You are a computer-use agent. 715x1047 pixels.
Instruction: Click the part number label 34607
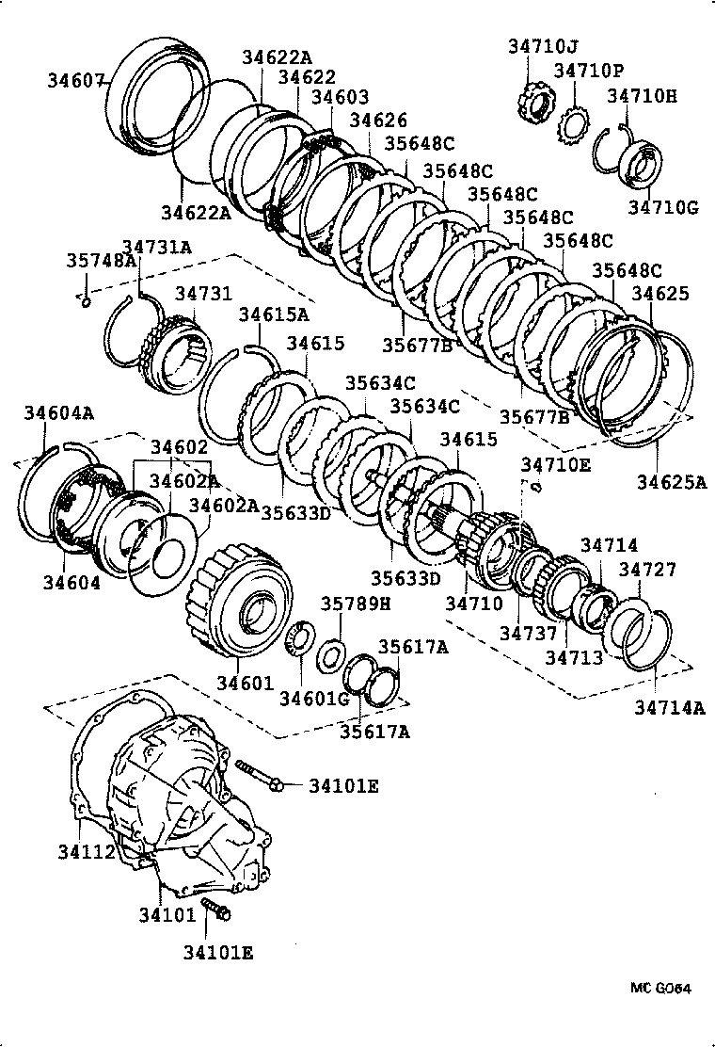coord(75,81)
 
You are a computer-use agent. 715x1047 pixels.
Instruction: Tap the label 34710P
coord(588,71)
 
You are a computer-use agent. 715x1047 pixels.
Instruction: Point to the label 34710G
coord(663,207)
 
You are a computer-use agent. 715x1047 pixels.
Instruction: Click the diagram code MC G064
coord(660,989)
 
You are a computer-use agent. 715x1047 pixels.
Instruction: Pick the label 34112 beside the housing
coord(86,852)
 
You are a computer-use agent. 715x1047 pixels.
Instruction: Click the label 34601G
coord(314,697)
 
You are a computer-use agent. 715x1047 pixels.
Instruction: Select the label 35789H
coord(350,604)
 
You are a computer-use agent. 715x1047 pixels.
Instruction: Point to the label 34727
coord(647,570)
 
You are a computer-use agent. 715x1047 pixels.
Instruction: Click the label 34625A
coord(671,483)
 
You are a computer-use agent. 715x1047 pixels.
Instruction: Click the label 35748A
coord(101,261)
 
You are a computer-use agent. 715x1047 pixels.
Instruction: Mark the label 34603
coord(340,96)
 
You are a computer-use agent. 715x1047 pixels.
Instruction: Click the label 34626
coord(378,121)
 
